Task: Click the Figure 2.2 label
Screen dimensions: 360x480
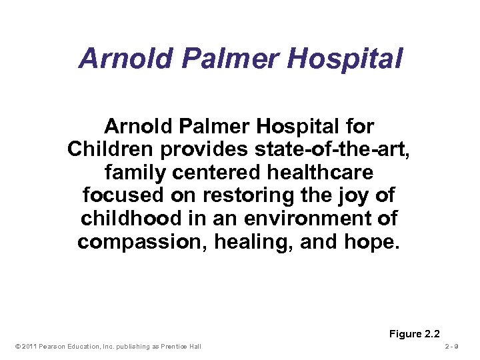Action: coord(415,334)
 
